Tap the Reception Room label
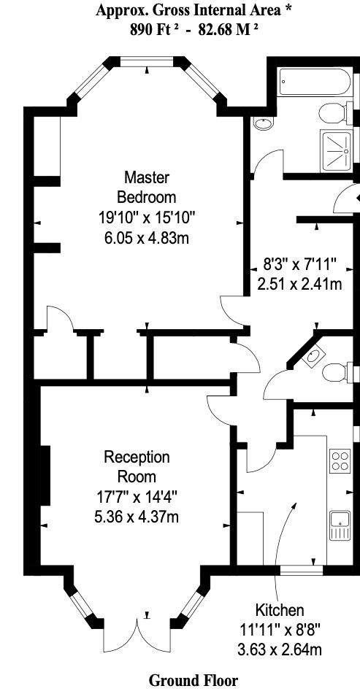[x=137, y=466]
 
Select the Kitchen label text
[x=280, y=610]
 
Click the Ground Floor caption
[x=193, y=680]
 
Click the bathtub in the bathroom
[x=315, y=82]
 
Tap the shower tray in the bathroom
[x=335, y=150]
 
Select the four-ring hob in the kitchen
[x=340, y=460]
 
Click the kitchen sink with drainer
[x=340, y=525]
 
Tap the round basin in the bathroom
[x=264, y=123]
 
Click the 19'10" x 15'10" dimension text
[x=147, y=217]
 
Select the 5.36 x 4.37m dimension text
[x=137, y=517]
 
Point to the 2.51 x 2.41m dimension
[x=300, y=284]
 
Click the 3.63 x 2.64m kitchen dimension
[x=280, y=649]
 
